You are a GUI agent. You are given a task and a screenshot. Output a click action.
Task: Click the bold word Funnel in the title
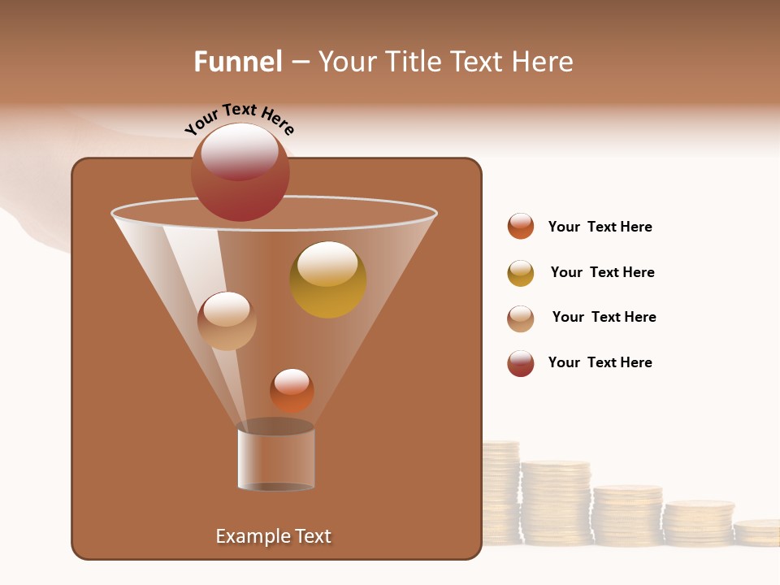(x=237, y=62)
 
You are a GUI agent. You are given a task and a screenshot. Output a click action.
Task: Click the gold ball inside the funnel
(x=327, y=280)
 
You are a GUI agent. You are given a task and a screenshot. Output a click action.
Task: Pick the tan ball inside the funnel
(x=227, y=321)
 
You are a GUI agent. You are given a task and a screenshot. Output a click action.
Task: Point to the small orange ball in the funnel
(x=292, y=391)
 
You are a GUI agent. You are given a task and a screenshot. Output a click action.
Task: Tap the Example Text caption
(x=273, y=536)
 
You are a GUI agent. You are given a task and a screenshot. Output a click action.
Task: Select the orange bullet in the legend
(x=521, y=227)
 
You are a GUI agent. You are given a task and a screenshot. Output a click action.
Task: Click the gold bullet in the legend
(x=521, y=273)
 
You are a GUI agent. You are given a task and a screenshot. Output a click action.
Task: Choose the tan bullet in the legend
(x=521, y=318)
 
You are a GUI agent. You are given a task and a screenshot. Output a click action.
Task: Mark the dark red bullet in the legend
(x=521, y=363)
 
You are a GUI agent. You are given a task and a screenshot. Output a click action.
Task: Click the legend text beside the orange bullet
(x=600, y=227)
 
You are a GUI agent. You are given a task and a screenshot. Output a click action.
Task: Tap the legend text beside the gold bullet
(x=602, y=272)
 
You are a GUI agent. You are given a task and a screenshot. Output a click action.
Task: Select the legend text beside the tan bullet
(x=604, y=317)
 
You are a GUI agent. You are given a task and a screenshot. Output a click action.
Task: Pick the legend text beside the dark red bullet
(x=600, y=362)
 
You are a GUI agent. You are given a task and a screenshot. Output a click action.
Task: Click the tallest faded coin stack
(x=500, y=492)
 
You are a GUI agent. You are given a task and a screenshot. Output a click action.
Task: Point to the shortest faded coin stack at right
(x=757, y=532)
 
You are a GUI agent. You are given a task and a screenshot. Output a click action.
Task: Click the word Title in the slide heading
(x=413, y=62)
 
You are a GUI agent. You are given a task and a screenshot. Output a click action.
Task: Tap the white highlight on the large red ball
(x=239, y=150)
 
